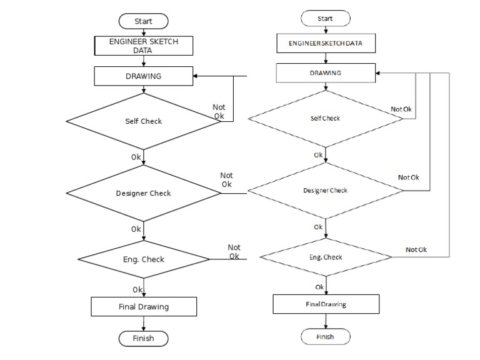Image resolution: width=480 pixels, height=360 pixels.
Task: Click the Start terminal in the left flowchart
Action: pos(143,21)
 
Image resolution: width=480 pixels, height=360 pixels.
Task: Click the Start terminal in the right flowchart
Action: pos(325,19)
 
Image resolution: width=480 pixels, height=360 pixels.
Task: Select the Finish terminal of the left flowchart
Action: pos(143,339)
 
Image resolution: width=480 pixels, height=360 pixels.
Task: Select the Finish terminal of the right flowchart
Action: pos(325,336)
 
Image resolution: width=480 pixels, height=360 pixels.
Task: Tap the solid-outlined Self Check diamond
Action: pos(143,121)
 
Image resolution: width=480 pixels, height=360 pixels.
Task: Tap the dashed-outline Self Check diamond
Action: pos(325,119)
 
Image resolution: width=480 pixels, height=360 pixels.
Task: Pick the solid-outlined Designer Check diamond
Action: pos(143,193)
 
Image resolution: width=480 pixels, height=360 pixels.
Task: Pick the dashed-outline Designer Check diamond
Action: pos(325,190)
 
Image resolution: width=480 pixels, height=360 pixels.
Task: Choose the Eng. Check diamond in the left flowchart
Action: pos(144,259)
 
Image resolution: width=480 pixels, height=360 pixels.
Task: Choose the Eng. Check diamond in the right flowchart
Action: pos(326,257)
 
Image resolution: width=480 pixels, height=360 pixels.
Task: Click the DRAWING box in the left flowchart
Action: pos(143,76)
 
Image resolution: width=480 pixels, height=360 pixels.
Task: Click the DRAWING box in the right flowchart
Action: pos(326,73)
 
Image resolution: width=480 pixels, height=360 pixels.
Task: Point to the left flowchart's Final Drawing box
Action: pos(144,307)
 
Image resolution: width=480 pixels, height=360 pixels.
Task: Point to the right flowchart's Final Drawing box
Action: pos(326,304)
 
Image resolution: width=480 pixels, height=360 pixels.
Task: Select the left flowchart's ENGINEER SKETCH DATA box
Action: pos(143,46)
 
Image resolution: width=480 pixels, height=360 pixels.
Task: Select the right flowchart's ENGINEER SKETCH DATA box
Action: pos(326,44)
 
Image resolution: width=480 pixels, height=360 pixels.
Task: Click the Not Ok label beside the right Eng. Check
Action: pos(416,250)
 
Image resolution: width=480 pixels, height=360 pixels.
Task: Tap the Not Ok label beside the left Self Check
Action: pos(219,111)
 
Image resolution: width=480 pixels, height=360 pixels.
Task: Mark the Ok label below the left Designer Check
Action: pos(136,229)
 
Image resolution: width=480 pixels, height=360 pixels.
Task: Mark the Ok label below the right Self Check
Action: pos(318,155)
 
